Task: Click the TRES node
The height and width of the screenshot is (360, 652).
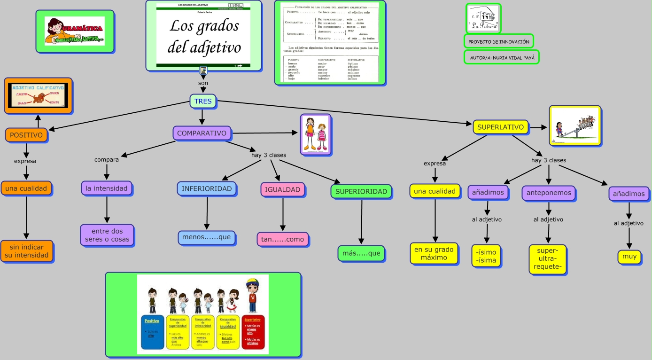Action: pos(202,101)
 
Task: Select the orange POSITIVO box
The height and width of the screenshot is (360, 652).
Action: pos(26,135)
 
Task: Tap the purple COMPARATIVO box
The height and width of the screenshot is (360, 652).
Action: pos(202,133)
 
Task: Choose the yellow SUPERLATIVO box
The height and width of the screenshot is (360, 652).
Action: pos(501,127)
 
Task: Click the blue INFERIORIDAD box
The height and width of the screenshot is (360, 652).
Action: pos(207,189)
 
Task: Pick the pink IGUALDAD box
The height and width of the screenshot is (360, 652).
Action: pos(282,190)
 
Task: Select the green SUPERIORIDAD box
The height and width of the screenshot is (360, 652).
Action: pos(361,191)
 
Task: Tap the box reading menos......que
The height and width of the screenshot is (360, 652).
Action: pos(207,237)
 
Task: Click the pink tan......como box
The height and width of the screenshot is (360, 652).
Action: pos(282,239)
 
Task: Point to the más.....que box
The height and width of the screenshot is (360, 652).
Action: pos(361,253)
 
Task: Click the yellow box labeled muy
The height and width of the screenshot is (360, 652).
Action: pos(629,257)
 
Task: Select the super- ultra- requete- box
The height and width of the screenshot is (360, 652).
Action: pos(549,259)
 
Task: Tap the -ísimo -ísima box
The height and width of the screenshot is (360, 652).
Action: pos(486,256)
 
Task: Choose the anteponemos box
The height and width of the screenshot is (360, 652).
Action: pos(549,193)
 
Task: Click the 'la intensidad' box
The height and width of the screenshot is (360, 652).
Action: pos(107,188)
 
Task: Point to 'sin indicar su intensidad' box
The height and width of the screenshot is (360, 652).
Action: pos(27,251)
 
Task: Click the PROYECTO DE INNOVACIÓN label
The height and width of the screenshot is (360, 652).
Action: pos(499,42)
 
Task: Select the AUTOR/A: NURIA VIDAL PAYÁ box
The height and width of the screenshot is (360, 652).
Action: pos(501,57)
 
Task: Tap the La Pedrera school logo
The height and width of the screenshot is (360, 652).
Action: pos(483,18)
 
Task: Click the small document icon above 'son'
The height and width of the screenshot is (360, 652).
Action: pos(203,70)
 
